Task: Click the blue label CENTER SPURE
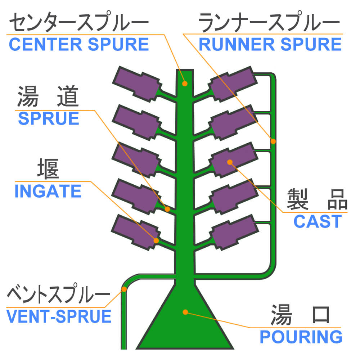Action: [x=78, y=44]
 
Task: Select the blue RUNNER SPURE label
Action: [x=270, y=44]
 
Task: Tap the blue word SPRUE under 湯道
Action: [x=49, y=119]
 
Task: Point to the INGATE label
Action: [x=48, y=191]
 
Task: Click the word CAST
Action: [x=317, y=222]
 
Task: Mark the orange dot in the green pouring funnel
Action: [x=185, y=311]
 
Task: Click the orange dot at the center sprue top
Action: [x=185, y=84]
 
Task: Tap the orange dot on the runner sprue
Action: [x=273, y=141]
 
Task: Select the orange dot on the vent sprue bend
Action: [x=124, y=289]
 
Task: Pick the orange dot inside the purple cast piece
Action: [x=229, y=162]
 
